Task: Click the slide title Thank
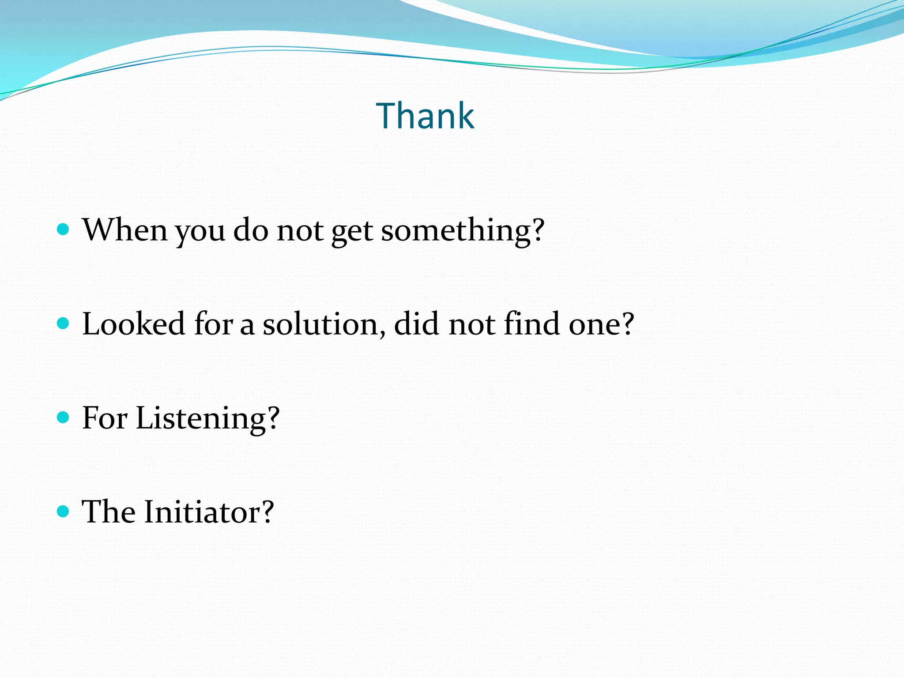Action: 425,116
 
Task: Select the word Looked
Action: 134,324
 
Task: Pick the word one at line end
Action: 595,325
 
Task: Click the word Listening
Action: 201,418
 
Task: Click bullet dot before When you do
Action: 64,230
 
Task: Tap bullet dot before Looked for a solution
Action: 64,324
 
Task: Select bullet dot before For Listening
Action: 64,418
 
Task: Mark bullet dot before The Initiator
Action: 64,512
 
